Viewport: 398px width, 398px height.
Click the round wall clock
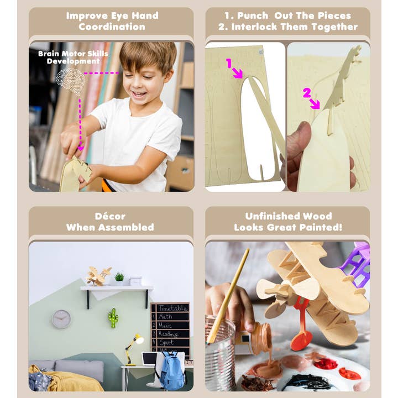tap(61, 319)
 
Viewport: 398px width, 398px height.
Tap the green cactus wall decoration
tap(113, 318)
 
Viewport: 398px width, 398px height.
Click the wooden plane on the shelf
tap(98, 276)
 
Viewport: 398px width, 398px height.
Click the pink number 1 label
tap(228, 64)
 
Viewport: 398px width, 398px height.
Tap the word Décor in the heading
tap(110, 216)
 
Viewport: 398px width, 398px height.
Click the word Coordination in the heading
tap(111, 27)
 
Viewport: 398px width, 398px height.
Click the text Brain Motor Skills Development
tap(73, 57)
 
